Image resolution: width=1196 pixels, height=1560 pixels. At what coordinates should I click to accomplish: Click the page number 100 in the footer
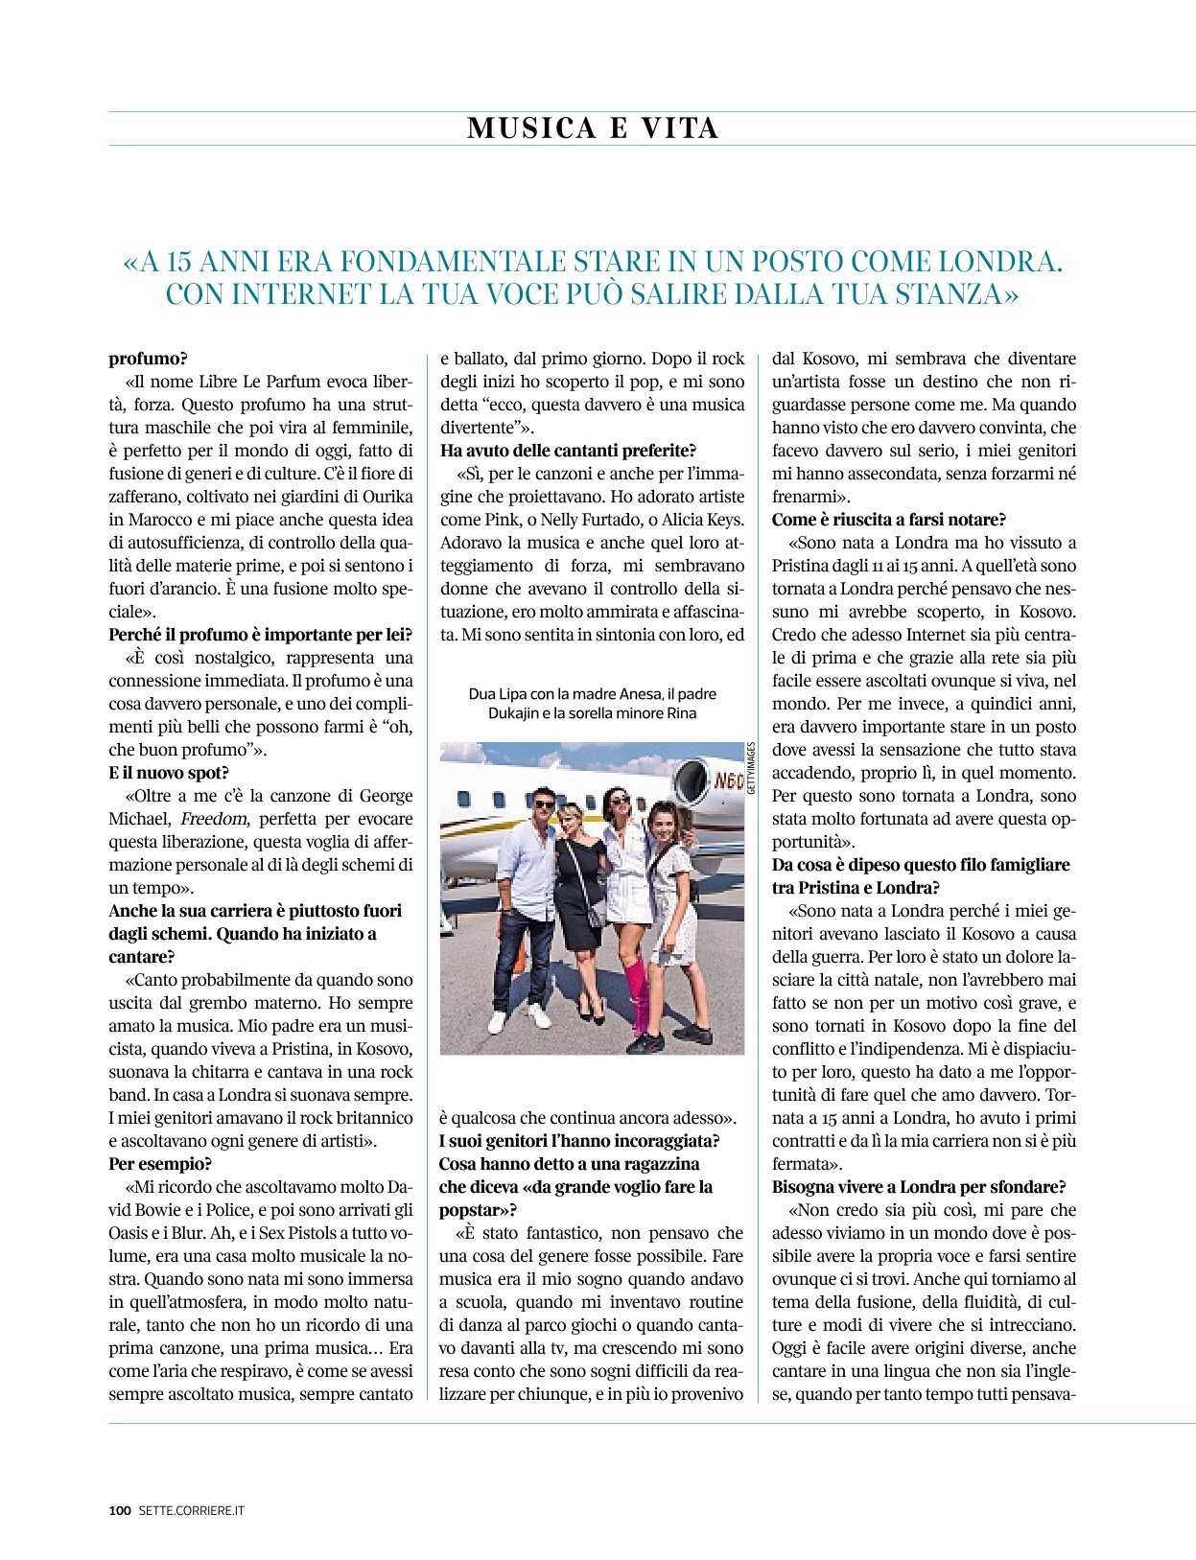[119, 1510]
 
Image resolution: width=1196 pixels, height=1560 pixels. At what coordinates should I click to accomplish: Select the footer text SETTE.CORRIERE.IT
[192, 1510]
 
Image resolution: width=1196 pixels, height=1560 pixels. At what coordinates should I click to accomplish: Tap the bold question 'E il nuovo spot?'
[169, 773]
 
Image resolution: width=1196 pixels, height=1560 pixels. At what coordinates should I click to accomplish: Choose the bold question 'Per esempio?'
[160, 1164]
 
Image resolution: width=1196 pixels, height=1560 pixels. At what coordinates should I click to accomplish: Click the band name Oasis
[131, 1233]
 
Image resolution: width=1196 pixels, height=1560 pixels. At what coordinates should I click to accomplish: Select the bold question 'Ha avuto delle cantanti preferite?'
[568, 451]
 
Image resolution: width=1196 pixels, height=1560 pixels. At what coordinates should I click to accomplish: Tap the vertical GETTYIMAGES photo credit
[751, 768]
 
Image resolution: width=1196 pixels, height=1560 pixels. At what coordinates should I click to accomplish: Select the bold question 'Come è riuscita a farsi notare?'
[889, 520]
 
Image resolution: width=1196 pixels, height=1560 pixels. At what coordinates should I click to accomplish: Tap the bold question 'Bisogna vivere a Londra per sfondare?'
[919, 1187]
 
